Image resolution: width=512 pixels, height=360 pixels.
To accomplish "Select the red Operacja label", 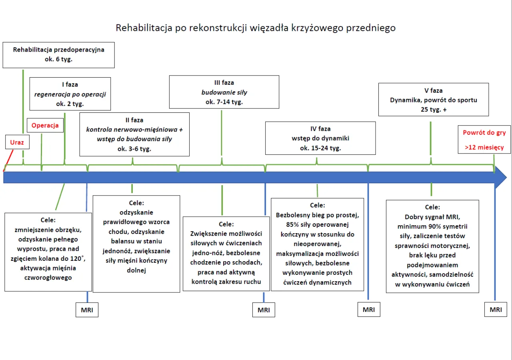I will point(45,125).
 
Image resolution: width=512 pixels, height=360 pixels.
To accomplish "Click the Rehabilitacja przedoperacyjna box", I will point(58,55).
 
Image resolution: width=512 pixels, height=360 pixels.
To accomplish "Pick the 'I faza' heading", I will point(70,84).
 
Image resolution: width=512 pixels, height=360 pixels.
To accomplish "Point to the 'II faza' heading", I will point(134,120).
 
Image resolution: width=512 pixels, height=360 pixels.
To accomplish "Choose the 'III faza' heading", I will point(224,82).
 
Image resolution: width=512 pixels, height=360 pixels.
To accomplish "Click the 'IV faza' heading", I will point(320,129).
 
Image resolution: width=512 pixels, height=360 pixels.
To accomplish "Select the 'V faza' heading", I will point(434,90).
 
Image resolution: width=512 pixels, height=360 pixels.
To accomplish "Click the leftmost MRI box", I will point(87,310).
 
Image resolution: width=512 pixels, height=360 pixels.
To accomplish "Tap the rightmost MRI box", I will point(496,310).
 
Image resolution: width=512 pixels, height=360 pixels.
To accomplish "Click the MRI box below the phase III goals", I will point(264,310).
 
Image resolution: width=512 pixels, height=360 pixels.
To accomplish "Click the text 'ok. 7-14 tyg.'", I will point(224,102).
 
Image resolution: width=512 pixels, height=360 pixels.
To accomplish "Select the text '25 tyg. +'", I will point(434,110).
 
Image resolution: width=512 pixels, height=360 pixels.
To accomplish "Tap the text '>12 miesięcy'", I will point(484,147).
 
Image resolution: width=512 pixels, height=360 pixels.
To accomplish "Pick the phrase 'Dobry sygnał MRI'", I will point(432,217).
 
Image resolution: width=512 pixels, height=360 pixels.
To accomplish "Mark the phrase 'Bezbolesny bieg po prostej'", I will point(318,215).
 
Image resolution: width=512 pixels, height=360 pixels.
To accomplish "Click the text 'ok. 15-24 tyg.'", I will point(320,148).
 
